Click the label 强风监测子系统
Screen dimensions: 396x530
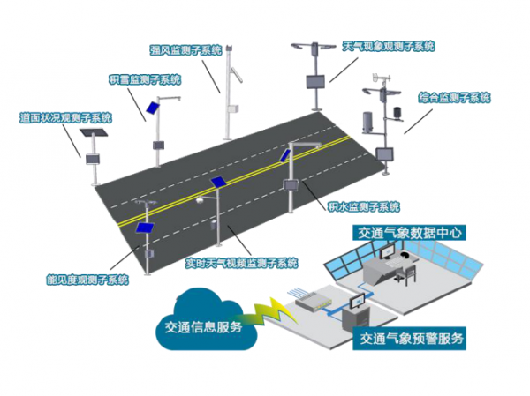point(185,50)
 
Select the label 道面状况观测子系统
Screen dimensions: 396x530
point(65,117)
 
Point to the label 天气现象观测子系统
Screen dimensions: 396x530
point(389,44)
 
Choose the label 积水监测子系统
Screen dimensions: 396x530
point(362,206)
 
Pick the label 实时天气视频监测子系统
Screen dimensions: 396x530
point(240,263)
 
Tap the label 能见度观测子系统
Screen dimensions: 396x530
point(87,280)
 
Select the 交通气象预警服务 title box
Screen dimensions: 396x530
point(408,337)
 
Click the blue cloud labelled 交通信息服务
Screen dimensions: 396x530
point(202,326)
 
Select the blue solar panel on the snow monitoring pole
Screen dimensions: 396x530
point(151,110)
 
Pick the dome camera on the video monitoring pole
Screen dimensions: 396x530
point(201,202)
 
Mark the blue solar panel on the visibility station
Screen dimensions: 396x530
point(143,227)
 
